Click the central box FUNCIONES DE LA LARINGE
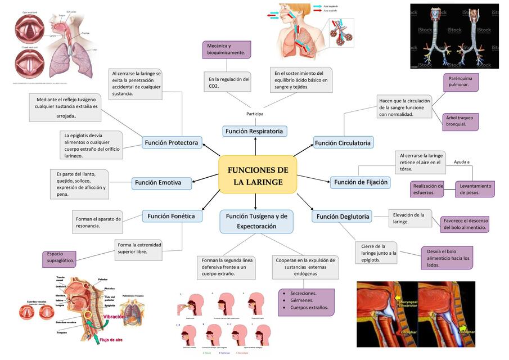point(258,175)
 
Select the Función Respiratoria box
point(254,131)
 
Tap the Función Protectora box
point(171,143)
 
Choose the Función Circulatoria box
point(343,143)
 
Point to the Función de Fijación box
point(361,182)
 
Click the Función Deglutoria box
point(343,216)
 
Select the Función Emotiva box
point(161,182)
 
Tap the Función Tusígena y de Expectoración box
point(256,221)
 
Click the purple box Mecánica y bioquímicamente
point(226,49)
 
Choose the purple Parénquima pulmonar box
point(460,82)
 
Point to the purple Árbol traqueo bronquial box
point(460,121)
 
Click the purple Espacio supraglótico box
point(60,258)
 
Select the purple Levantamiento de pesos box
point(475,189)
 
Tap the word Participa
point(255,114)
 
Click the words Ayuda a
point(461,162)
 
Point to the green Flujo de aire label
point(111,340)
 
